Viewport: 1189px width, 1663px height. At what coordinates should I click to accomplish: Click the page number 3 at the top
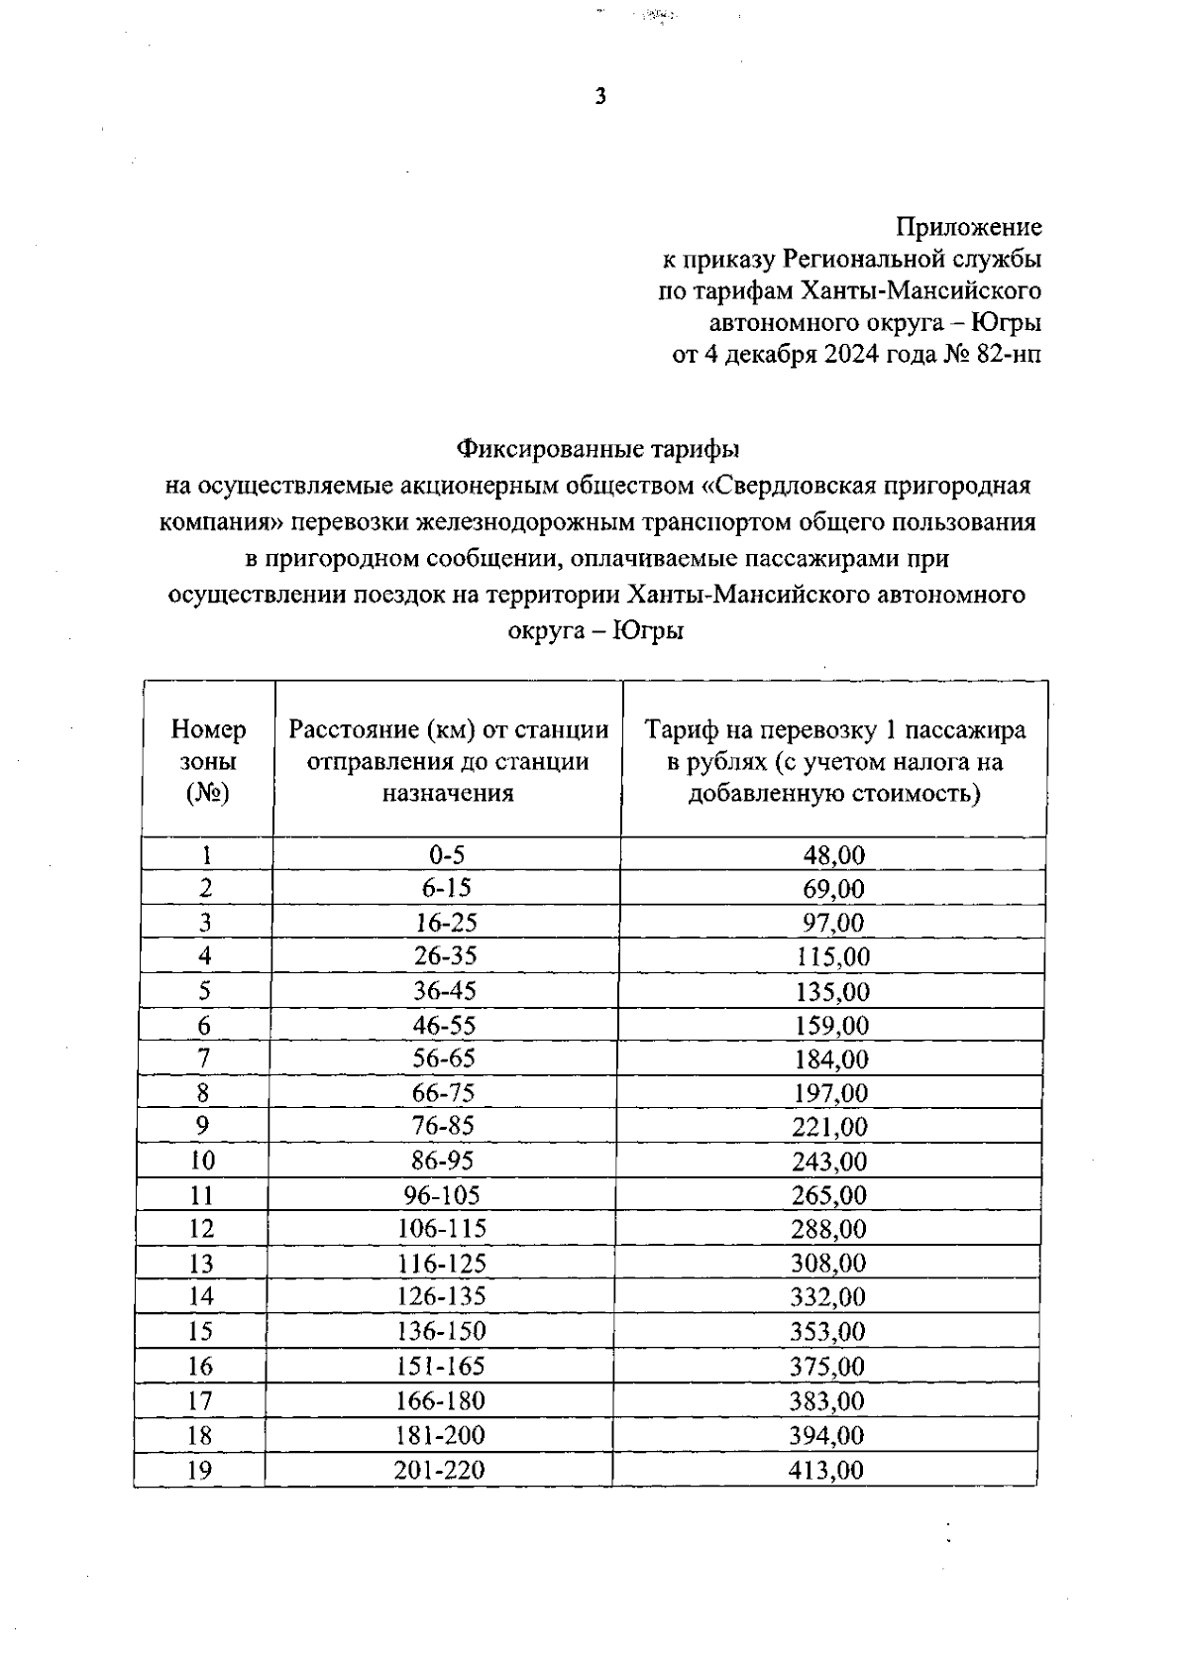(599, 97)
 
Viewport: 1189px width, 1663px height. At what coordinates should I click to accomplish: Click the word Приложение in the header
(969, 227)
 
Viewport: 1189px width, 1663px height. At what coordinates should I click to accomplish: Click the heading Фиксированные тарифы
(597, 449)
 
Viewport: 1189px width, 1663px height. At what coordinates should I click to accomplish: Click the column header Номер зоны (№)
(208, 761)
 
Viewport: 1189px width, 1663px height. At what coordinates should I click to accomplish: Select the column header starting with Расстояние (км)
(449, 761)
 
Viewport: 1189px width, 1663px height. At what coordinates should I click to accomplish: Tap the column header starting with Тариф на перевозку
(834, 761)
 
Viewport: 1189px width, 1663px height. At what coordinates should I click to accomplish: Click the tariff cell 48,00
(833, 855)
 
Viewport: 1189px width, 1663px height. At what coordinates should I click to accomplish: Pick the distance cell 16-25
(446, 923)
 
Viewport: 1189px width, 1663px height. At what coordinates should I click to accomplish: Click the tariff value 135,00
(832, 991)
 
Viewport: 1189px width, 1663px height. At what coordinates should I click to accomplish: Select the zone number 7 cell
(204, 1058)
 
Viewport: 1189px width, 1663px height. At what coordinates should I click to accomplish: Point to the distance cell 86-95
(443, 1161)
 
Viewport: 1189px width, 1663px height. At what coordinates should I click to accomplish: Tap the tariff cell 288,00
(829, 1229)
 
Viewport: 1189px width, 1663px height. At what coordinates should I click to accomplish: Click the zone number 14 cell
(201, 1296)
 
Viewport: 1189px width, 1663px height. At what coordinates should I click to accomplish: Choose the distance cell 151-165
(441, 1366)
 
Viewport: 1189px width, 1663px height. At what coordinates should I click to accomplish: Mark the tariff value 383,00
(827, 1400)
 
